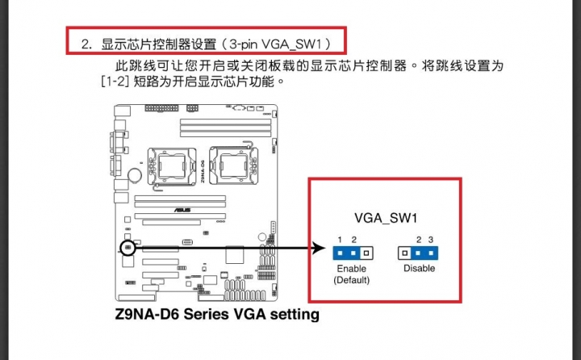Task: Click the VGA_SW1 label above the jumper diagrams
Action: (x=386, y=218)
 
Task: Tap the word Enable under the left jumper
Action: (x=351, y=269)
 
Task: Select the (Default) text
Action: (x=351, y=280)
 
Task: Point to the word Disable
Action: (x=419, y=268)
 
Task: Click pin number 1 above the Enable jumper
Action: (x=340, y=240)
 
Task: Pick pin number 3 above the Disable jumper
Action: (x=431, y=240)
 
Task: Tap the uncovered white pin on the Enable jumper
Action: (x=366, y=253)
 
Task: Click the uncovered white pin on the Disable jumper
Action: (x=404, y=253)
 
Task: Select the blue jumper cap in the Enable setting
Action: (x=346, y=253)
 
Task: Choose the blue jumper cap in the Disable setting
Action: (x=424, y=253)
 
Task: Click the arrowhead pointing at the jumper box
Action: (x=319, y=248)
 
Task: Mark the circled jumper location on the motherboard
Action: (x=127, y=248)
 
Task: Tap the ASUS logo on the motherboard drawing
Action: (x=182, y=210)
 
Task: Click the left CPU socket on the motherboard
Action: (x=172, y=166)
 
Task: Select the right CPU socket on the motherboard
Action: (x=233, y=165)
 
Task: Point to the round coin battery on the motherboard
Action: (x=135, y=175)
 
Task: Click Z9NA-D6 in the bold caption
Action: (x=148, y=314)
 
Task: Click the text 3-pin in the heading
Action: (x=244, y=44)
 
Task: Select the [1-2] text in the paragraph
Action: (x=115, y=82)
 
